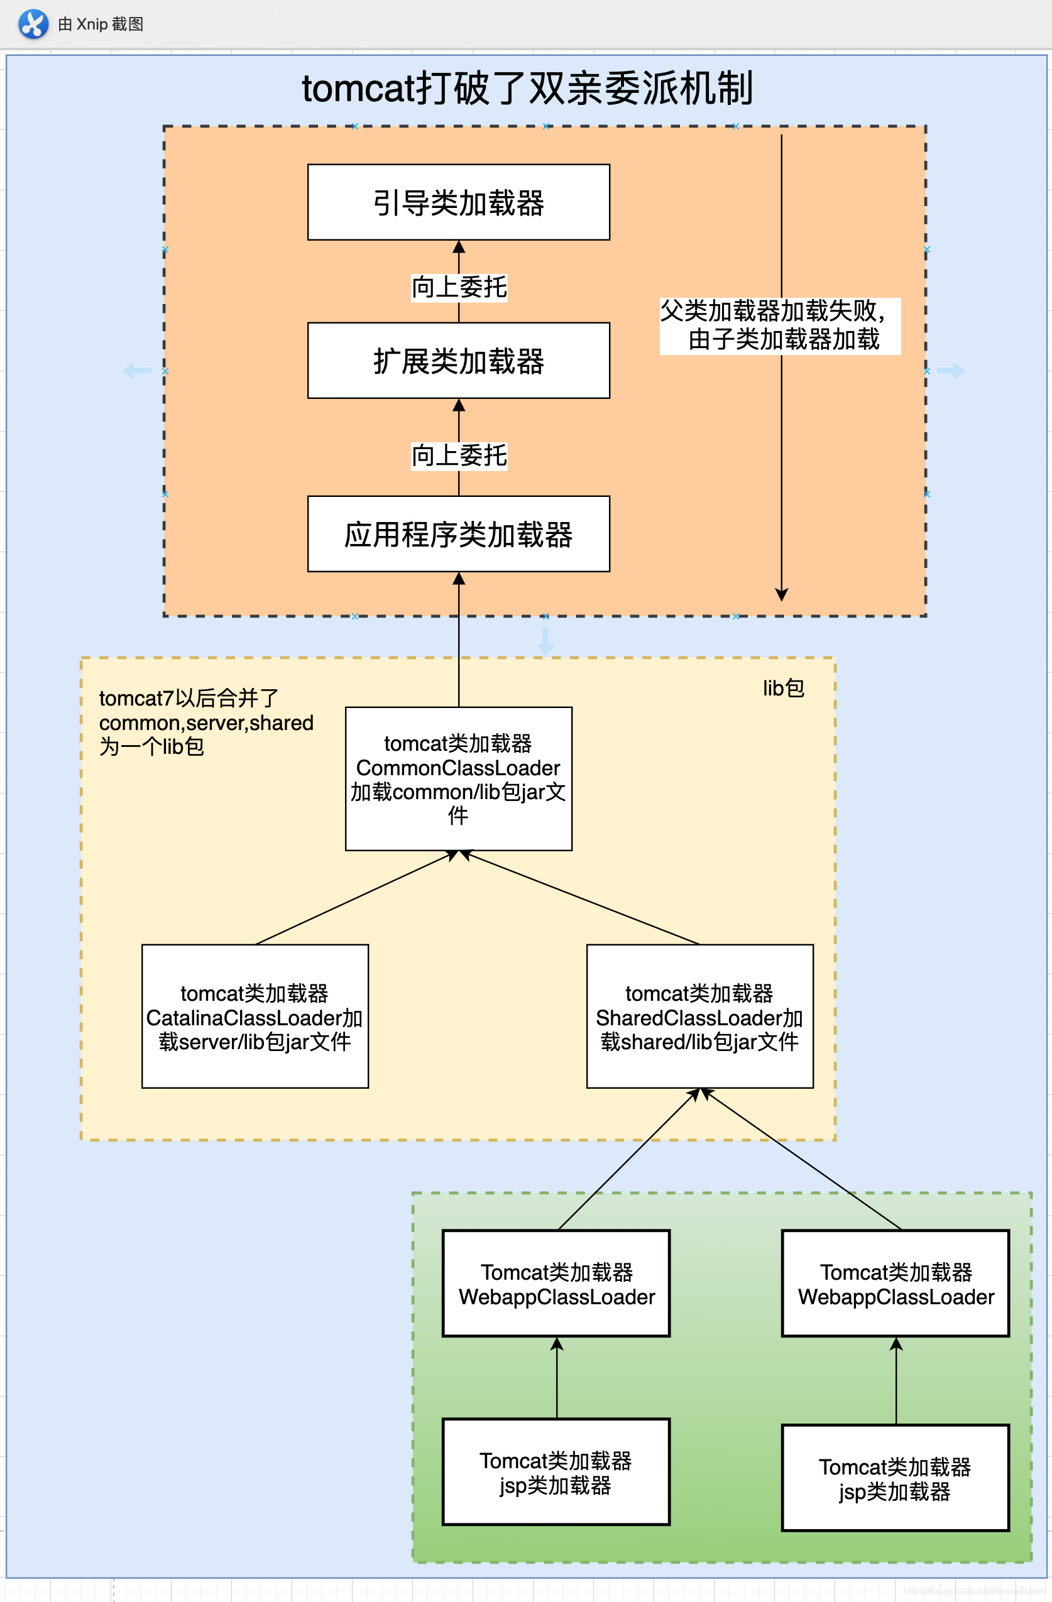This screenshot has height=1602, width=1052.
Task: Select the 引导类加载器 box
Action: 458,202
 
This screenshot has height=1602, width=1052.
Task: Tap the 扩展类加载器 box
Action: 458,361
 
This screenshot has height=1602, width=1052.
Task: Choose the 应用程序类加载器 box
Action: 458,534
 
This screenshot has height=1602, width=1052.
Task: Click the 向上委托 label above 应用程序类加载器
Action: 459,455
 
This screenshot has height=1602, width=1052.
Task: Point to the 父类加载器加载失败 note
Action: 780,326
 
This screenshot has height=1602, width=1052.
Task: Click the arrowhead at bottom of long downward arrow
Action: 781,594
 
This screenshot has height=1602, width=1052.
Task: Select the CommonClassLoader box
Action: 458,779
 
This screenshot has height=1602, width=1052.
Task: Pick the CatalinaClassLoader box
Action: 255,1016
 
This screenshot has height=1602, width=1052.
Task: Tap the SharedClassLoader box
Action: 699,1016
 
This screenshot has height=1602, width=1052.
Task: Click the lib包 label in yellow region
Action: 782,688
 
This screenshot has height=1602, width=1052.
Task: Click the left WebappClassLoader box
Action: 556,1283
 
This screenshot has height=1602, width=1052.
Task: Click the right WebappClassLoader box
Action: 895,1283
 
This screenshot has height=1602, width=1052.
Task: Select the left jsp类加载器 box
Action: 556,1472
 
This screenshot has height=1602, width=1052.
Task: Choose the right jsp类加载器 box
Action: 895,1478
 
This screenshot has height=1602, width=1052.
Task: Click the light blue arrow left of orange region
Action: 138,371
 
